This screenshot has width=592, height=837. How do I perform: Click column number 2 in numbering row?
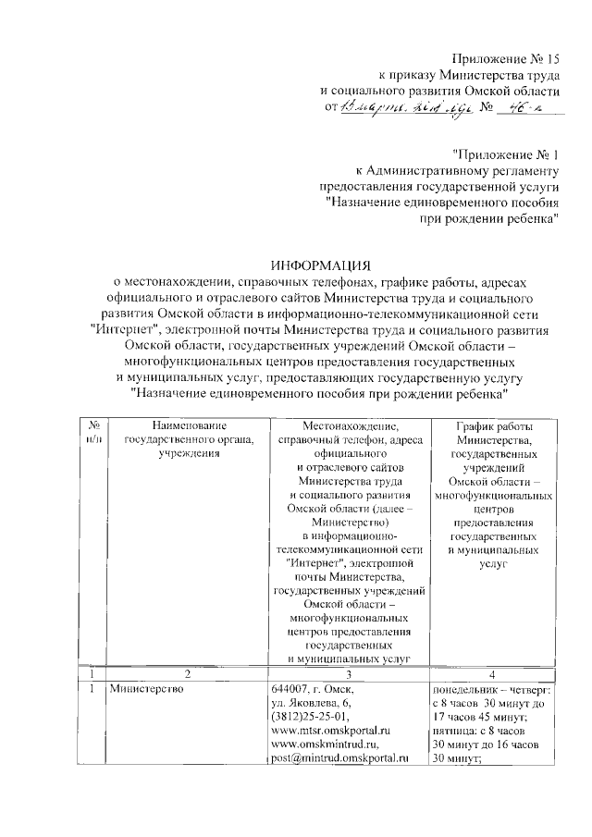186,673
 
